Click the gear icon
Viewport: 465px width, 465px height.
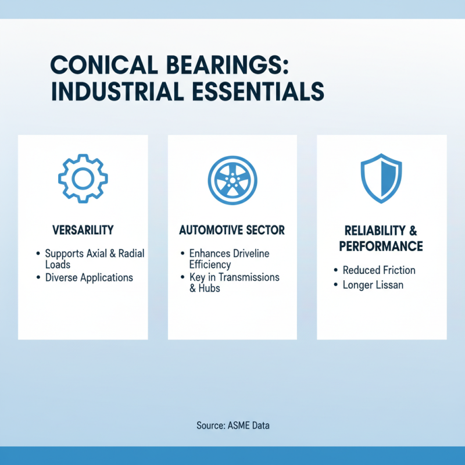tap(83, 178)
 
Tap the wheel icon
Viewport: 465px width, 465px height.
tap(232, 179)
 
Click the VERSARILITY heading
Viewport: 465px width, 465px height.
tap(83, 230)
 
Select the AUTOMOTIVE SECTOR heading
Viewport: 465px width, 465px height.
tap(232, 230)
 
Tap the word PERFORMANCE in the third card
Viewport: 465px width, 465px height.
tap(381, 246)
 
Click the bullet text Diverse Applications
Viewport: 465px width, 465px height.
tap(89, 277)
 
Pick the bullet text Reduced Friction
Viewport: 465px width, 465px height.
tap(379, 270)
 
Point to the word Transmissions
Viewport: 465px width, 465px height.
tap(248, 277)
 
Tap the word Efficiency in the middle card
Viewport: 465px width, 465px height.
tap(210, 264)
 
